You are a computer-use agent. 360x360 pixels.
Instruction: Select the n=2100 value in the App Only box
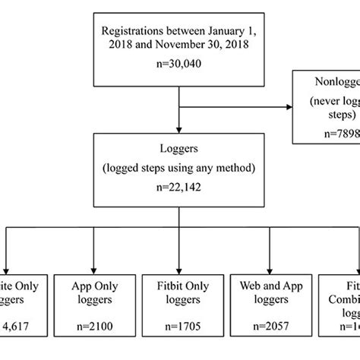pyautogui.click(x=93, y=331)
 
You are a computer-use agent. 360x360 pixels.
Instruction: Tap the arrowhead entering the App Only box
pyautogui.click(x=93, y=265)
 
